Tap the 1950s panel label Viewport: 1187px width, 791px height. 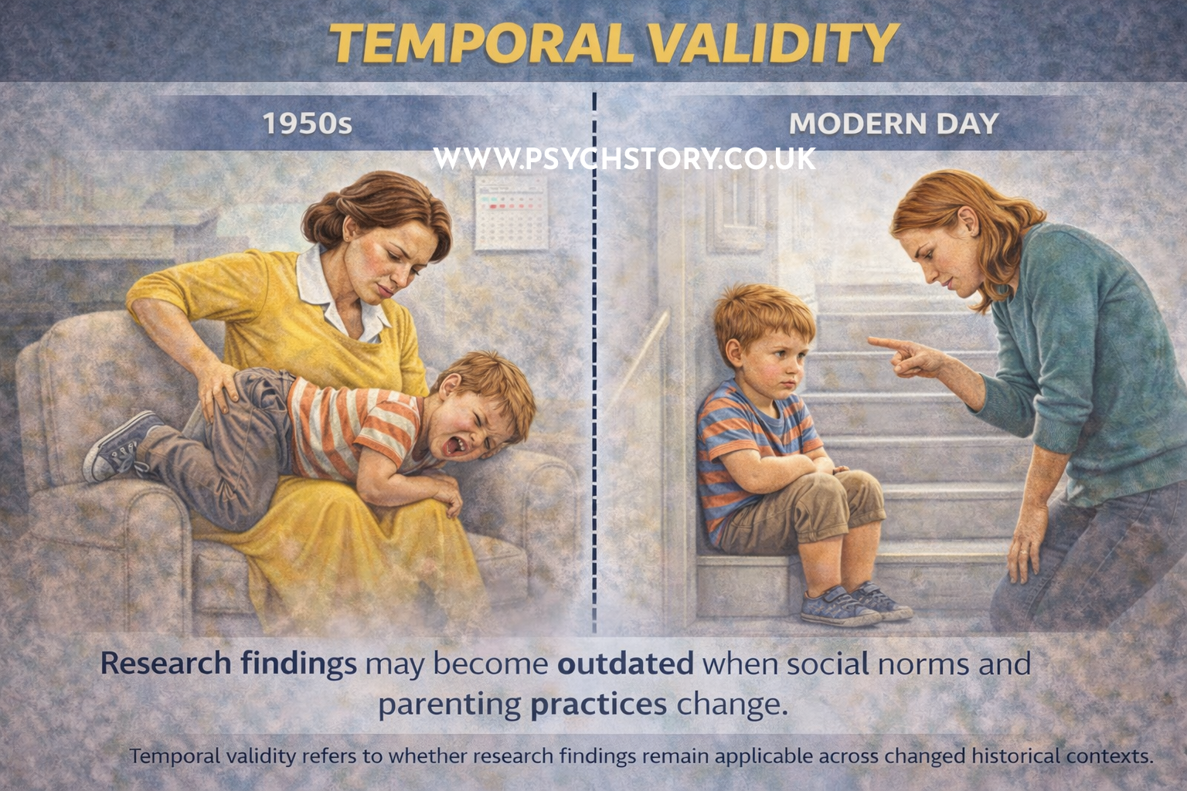307,124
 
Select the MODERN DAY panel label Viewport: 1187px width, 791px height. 893,124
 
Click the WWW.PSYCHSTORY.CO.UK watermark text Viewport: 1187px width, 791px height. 624,158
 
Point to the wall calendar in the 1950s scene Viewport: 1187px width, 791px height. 510,212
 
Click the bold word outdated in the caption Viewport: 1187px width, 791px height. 625,664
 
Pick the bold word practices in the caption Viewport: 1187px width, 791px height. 599,704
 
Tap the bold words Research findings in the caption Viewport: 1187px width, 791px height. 228,664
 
